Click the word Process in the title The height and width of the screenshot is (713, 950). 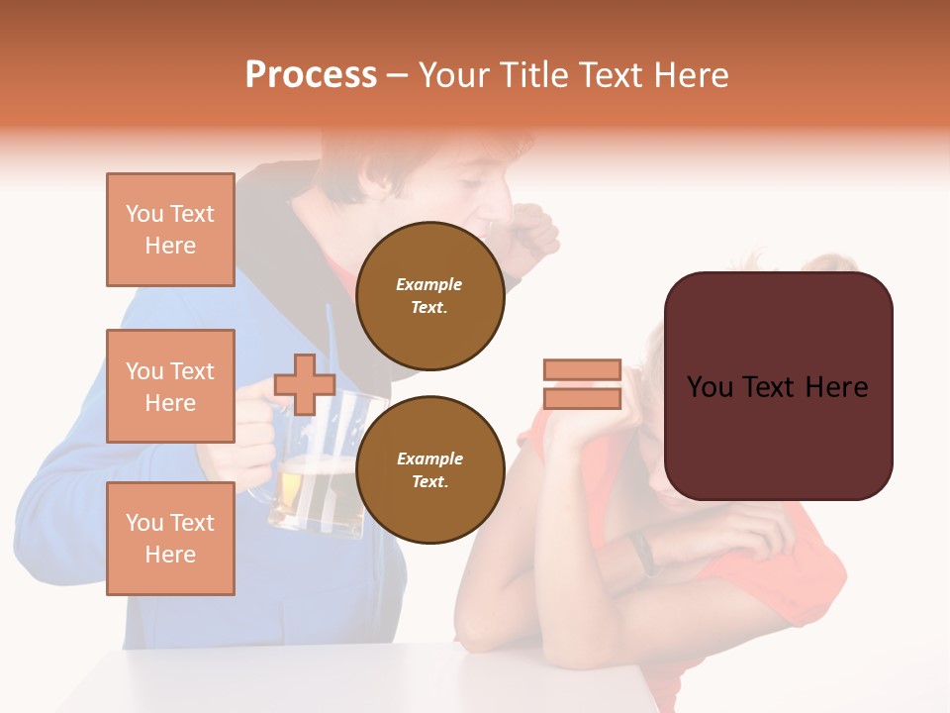(x=311, y=75)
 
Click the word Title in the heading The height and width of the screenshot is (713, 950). (x=534, y=75)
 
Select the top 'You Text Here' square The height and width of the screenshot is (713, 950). (x=170, y=230)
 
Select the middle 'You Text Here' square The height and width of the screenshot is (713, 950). (x=170, y=386)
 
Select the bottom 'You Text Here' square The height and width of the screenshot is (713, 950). (x=170, y=538)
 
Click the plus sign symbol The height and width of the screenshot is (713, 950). (x=305, y=384)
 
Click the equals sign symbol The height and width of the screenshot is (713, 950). (x=582, y=384)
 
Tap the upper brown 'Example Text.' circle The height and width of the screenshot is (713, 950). (x=429, y=296)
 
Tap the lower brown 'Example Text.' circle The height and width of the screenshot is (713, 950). (x=429, y=469)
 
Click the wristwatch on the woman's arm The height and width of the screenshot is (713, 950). (x=644, y=553)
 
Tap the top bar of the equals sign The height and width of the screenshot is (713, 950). (x=582, y=370)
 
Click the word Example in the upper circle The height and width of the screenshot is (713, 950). (x=429, y=284)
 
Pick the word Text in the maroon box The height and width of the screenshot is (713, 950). (x=777, y=387)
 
